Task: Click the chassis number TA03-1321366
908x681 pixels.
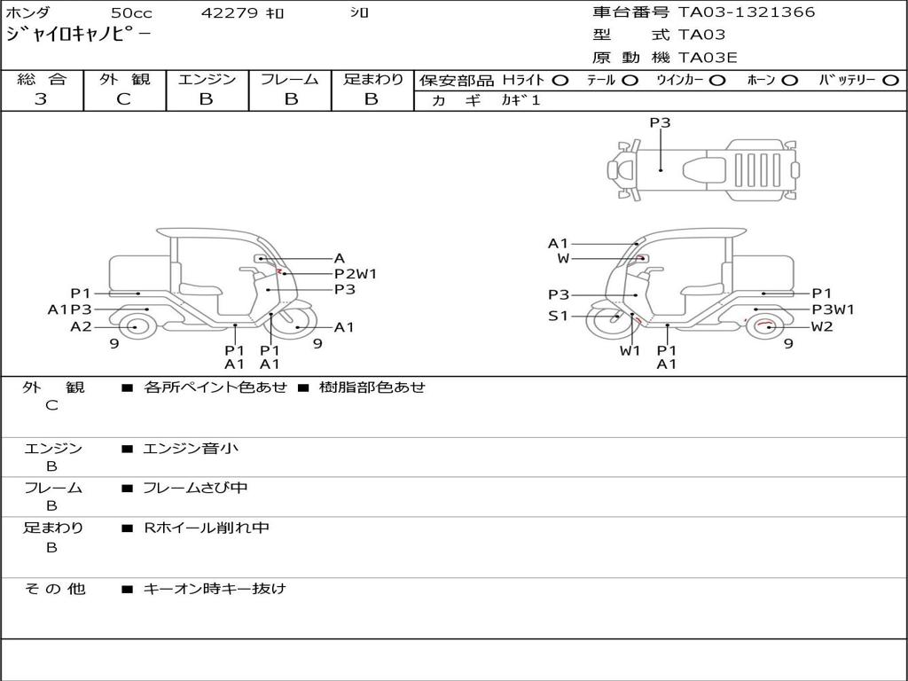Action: (x=746, y=12)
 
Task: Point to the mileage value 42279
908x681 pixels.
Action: (x=230, y=13)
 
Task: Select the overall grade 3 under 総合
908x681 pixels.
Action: (x=41, y=99)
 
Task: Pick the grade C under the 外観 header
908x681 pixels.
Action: (x=123, y=99)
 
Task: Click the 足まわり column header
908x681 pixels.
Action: (x=372, y=79)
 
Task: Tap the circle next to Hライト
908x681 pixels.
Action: (x=560, y=80)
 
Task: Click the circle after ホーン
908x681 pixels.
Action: (x=789, y=80)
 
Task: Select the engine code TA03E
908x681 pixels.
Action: (x=708, y=59)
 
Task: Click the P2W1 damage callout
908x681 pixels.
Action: (x=356, y=274)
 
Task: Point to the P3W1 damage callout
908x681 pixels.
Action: (x=834, y=309)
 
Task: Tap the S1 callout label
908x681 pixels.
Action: (x=558, y=315)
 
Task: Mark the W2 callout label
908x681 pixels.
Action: (x=822, y=326)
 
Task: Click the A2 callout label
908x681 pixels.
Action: (x=81, y=326)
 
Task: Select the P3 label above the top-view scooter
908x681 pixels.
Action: (x=660, y=123)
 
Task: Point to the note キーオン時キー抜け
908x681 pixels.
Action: (x=215, y=589)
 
